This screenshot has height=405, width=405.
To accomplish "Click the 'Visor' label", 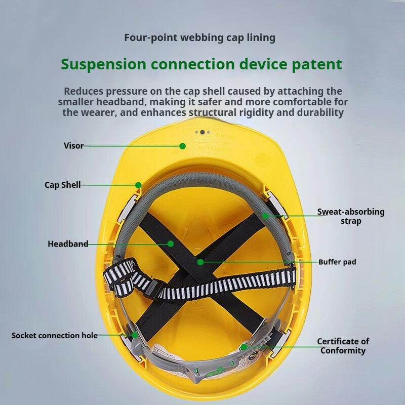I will click(73, 146).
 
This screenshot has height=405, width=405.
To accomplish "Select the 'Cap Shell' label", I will click(62, 185).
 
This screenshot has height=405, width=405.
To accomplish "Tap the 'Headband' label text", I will click(68, 244).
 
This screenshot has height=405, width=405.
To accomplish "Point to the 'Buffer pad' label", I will click(337, 262).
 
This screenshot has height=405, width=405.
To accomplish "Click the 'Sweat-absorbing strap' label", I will click(351, 216).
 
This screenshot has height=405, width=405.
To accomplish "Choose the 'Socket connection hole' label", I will click(55, 335).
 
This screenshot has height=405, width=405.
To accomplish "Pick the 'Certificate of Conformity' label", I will click(343, 346).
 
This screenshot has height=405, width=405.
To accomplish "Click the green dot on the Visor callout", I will click(182, 146).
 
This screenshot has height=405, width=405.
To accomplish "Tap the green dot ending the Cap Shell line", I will click(138, 185).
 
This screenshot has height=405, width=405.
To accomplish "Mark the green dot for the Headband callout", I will click(171, 244).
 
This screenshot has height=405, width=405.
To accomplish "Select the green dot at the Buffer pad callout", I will click(200, 262).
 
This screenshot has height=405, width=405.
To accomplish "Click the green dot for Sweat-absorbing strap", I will click(265, 216).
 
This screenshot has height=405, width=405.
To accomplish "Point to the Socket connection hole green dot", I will click(135, 335).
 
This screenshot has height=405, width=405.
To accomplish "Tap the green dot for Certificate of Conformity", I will click(244, 347).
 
